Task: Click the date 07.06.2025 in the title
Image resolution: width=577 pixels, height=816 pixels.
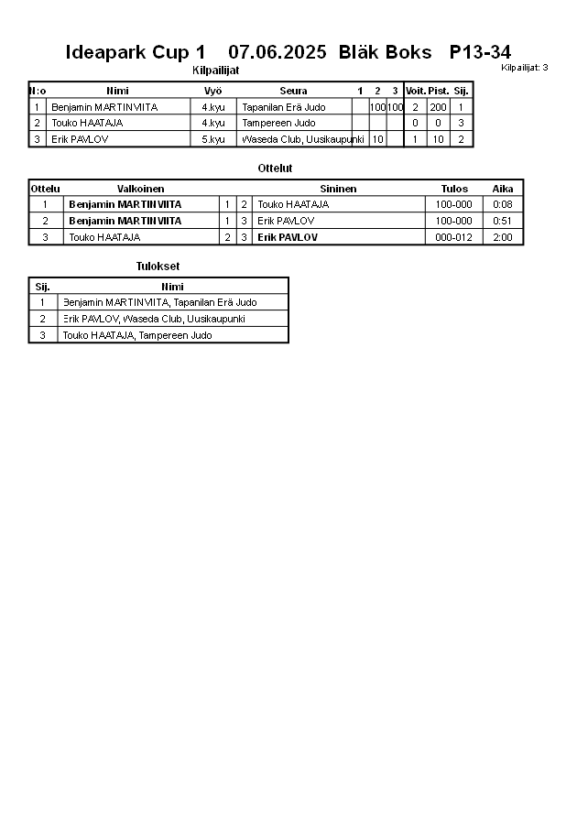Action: pos(277,52)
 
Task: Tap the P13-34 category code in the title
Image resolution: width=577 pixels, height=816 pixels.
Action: pos(480,52)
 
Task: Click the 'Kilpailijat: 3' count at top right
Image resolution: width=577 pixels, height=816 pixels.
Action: pos(525,67)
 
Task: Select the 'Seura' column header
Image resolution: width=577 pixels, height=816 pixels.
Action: pos(293,91)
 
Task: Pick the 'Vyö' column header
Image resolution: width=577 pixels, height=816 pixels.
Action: pos(213,91)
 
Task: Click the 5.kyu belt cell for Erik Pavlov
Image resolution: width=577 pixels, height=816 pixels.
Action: pos(213,139)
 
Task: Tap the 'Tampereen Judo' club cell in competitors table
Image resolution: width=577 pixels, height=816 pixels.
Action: pos(278,123)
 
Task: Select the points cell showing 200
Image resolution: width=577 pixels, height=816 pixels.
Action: pos(438,107)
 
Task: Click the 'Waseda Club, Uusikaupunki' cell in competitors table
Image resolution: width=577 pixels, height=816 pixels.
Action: pos(302,139)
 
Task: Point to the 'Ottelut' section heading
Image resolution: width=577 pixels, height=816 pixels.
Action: pos(275,169)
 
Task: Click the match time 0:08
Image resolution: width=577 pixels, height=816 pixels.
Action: pos(503,204)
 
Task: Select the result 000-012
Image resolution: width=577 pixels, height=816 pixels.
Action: pos(454,237)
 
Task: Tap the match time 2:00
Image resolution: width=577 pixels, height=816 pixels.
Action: pos(503,237)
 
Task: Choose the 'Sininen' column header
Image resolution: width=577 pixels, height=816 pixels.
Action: pos(338,189)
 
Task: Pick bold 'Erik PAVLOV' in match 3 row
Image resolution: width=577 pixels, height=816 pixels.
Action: pos(288,237)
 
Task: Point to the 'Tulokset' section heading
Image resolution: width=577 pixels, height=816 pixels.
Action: pos(158,267)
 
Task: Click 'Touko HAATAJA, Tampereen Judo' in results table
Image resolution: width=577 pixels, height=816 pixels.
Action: pos(137,335)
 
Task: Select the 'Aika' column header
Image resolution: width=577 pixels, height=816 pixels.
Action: pos(503,189)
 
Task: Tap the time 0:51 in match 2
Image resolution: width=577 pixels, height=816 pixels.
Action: pos(503,221)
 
